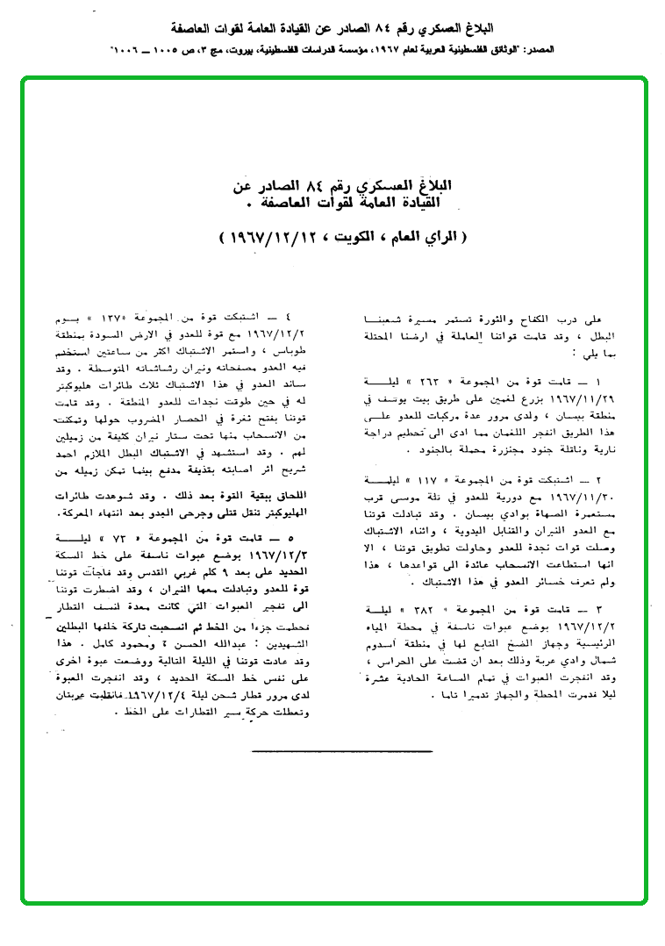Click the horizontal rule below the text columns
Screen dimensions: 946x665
[x=341, y=752]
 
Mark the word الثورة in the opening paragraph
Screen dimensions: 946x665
[x=526, y=320]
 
